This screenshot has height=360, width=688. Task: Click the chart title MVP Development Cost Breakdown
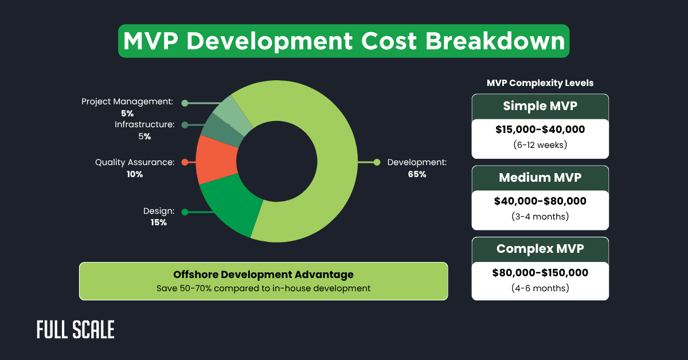[344, 41]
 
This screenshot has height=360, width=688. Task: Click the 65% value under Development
[417, 174]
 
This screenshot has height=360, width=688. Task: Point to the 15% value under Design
[159, 222]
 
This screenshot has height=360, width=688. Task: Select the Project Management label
[127, 101]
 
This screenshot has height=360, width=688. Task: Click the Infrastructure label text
[144, 124]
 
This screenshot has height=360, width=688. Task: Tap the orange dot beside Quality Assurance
[185, 162]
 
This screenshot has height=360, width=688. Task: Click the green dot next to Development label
[377, 162]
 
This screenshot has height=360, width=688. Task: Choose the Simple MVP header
[540, 106]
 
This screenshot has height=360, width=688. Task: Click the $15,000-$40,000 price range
[540, 130]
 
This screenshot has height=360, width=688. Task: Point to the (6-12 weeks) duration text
[540, 144]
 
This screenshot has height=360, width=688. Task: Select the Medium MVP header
[540, 178]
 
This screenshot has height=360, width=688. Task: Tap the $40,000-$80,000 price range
[540, 201]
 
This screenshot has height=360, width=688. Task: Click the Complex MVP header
[540, 249]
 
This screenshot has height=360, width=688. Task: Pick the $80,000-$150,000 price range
[540, 273]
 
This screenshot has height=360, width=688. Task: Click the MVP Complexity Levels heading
[540, 83]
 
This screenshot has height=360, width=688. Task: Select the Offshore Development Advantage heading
[263, 275]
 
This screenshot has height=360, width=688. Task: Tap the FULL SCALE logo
[75, 330]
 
